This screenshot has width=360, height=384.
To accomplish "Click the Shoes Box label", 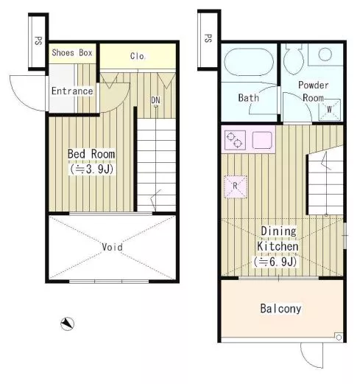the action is pos(72,53).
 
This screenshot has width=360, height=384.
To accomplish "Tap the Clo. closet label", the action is pos(138,56).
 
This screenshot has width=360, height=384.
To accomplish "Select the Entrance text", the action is pos(72,91).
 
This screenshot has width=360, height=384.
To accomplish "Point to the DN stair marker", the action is pos(155,100).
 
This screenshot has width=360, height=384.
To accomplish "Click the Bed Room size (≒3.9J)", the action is pos(91,170).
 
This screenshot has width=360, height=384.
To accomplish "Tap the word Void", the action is pos(112,247).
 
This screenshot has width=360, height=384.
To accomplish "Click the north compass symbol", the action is pos(67,324).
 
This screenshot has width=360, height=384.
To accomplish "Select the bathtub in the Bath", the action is pos(249,63).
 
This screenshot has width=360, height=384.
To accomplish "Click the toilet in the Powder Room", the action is pos(293,60).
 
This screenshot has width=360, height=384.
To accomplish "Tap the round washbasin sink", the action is pos(325,55).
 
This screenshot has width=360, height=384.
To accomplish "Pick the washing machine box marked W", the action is pos(330,110).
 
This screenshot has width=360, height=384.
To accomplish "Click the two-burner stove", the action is pos(235,140).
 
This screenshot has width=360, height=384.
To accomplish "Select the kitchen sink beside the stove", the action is pos(262,140).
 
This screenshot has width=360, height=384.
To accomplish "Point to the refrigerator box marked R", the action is pos(236,186).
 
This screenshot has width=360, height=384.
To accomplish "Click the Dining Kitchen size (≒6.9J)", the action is pos(275,262).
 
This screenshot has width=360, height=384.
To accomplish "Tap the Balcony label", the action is pos(280,309).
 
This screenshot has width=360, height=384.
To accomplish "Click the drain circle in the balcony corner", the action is pos(339,338).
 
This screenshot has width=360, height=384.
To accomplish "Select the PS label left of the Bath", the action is pos(208,38).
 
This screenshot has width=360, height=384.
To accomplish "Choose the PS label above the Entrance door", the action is pos(38,41).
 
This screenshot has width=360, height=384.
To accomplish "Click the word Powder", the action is pos(314,85).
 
